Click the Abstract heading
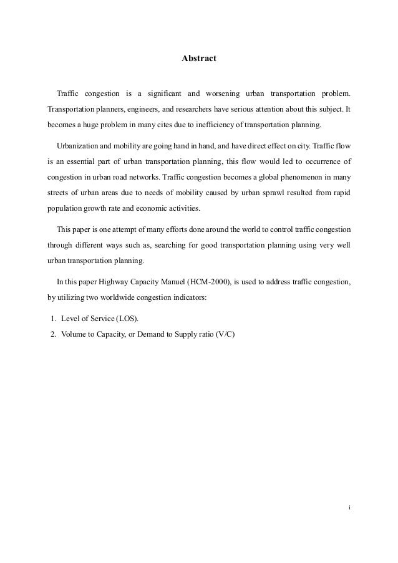point(198,59)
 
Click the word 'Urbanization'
point(78,146)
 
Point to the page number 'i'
point(349,507)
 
